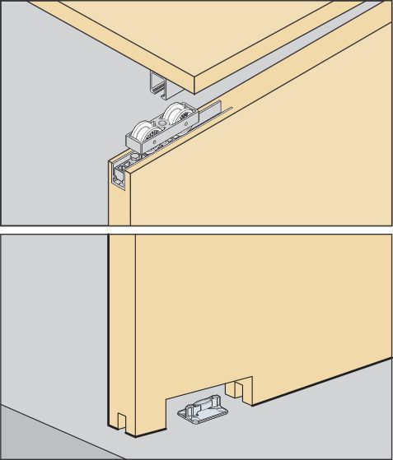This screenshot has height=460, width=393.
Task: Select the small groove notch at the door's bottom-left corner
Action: coord(120,421)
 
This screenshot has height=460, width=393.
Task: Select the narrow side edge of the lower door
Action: coord(122,329)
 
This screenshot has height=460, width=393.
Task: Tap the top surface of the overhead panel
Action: coord(189,33)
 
